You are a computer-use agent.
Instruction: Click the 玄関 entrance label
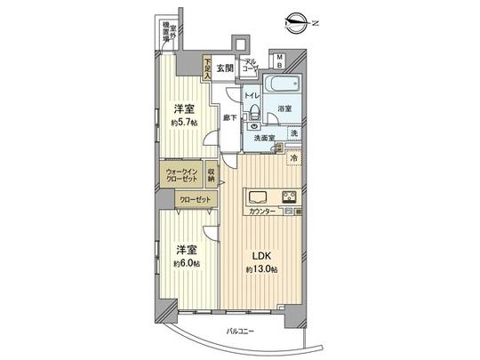coord(224,68)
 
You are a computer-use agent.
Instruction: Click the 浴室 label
coord(284,108)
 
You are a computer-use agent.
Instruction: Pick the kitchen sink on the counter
coord(257,196)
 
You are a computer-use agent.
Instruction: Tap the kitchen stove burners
coord(288,196)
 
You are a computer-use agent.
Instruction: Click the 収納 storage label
coord(212,174)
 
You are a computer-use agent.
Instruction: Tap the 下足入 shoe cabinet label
coord(204,67)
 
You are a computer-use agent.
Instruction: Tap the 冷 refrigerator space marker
coord(294,159)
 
